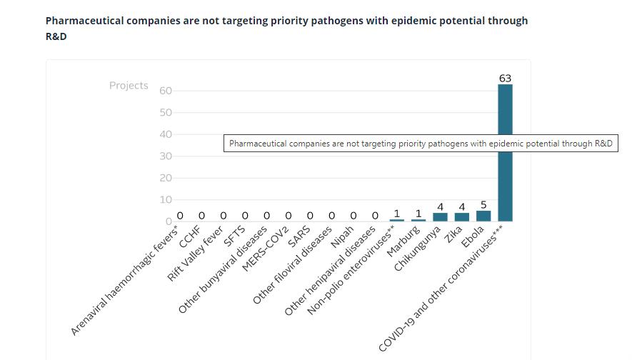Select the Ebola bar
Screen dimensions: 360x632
click(x=483, y=216)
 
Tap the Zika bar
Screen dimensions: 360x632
click(x=462, y=217)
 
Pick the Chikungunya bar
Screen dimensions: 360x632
click(x=440, y=217)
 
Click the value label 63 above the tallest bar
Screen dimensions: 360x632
click(x=505, y=78)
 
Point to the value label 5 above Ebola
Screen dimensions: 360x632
click(x=483, y=205)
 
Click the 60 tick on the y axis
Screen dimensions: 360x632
click(x=165, y=91)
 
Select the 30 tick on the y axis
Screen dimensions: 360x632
click(x=165, y=156)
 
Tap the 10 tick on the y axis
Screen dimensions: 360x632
click(x=165, y=200)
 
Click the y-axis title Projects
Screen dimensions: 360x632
click(x=129, y=86)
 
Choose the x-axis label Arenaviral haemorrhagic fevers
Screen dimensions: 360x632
click(x=125, y=282)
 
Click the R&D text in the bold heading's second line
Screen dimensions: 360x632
click(x=56, y=36)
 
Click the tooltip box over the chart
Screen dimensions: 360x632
click(x=421, y=144)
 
